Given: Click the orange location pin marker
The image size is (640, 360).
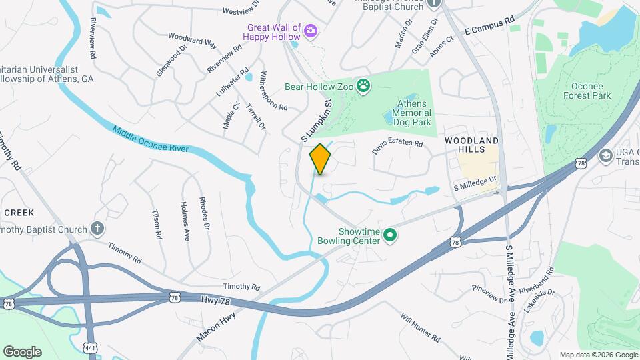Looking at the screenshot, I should (321, 159).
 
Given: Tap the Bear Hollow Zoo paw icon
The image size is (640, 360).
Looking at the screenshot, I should (363, 85).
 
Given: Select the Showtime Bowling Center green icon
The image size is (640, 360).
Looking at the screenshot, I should (391, 235).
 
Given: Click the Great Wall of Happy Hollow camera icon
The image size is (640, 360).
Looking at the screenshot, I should (311, 30).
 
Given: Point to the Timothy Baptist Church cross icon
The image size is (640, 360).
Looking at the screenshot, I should (98, 229).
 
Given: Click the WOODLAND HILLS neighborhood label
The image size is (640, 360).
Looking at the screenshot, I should (471, 145).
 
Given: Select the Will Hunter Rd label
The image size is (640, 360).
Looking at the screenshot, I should (421, 327).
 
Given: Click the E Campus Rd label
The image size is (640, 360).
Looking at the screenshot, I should (490, 26).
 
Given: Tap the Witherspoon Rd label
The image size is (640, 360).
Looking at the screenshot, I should (273, 90).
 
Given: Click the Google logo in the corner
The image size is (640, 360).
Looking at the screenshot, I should (21, 351).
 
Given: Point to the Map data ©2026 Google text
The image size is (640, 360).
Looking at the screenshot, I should (597, 355).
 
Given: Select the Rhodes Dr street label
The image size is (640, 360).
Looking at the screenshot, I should (205, 214).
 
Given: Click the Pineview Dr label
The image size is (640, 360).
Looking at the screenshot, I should (489, 293).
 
